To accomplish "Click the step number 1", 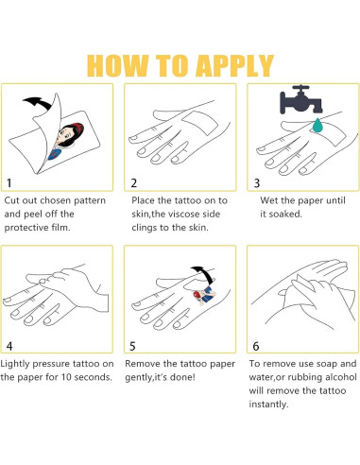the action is pos(9,182).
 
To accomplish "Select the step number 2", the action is pos(134,182).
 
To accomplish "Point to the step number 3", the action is pos(257,182).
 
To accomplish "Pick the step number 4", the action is pos(9,346).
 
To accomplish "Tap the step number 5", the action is pos(132,346).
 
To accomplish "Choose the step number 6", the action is pos(256,346).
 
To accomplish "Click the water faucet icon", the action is pos(301,99).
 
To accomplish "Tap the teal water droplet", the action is pos(317,125).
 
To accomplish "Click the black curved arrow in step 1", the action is pos(37,103).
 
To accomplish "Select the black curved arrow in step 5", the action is pos(203,274).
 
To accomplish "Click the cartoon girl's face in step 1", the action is pos(69,136).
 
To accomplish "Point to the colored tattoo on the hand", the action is pos(205,295).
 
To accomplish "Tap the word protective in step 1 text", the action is pos(25,228).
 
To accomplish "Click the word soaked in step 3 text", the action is pos(285,214).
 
